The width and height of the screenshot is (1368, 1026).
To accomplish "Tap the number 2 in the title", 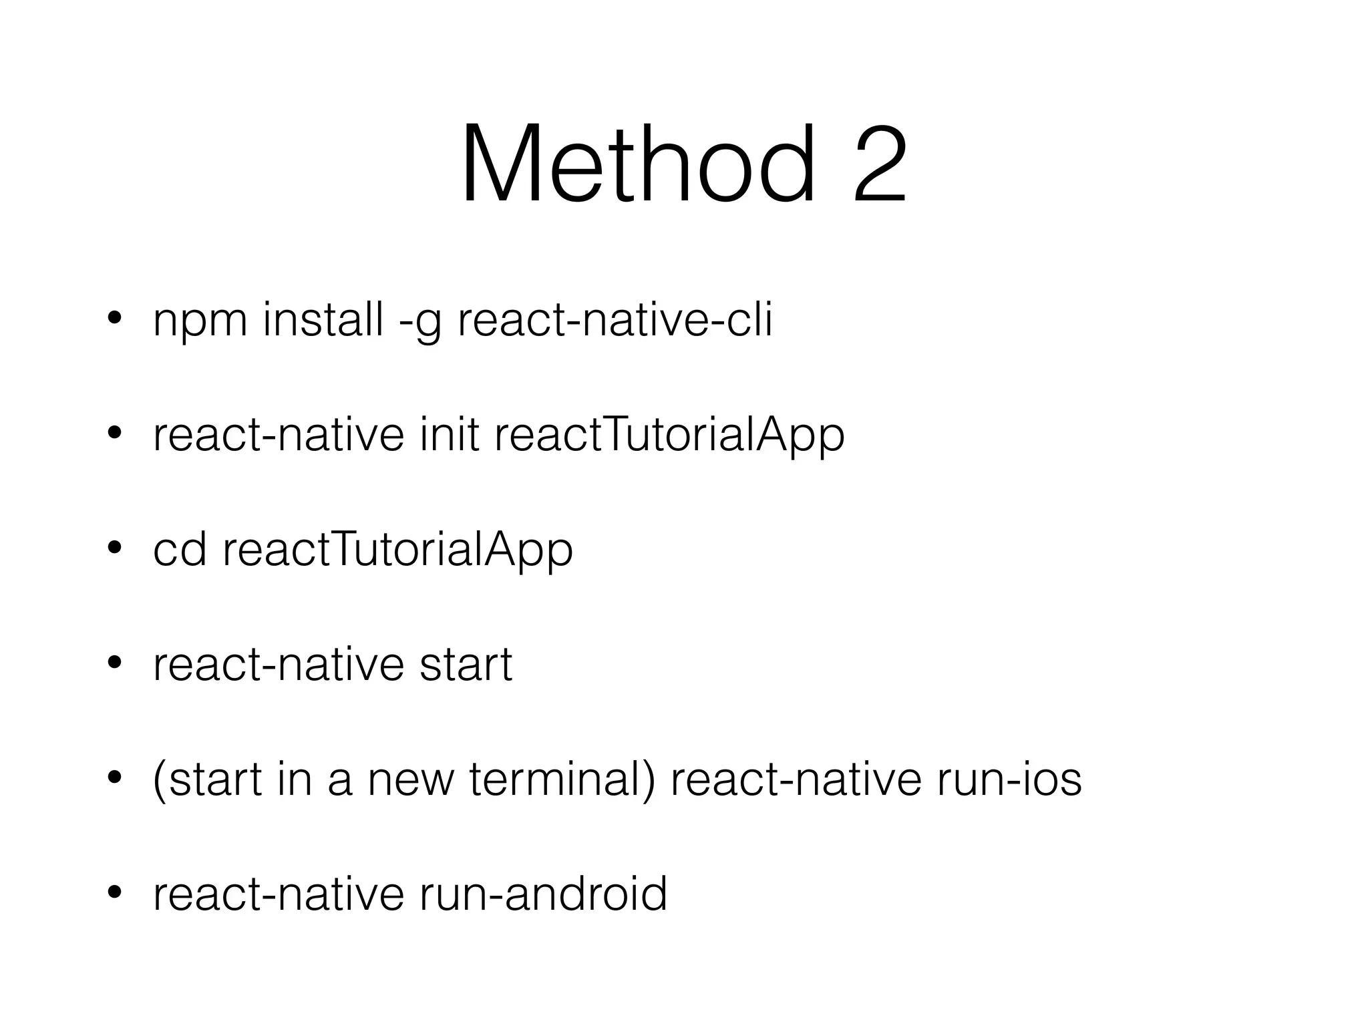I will click(879, 166).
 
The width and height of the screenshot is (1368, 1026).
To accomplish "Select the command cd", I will click(180, 550).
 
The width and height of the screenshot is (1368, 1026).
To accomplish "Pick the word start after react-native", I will click(466, 665).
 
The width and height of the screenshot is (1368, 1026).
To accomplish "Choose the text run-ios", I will click(1009, 779).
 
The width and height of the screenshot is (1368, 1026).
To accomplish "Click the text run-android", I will click(543, 894).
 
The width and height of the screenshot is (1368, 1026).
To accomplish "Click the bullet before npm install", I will click(114, 319).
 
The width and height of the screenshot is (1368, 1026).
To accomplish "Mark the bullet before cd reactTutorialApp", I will click(114, 548).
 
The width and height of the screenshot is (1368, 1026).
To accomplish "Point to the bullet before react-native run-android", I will click(114, 892).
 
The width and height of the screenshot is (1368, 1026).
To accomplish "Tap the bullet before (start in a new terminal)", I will click(114, 778).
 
